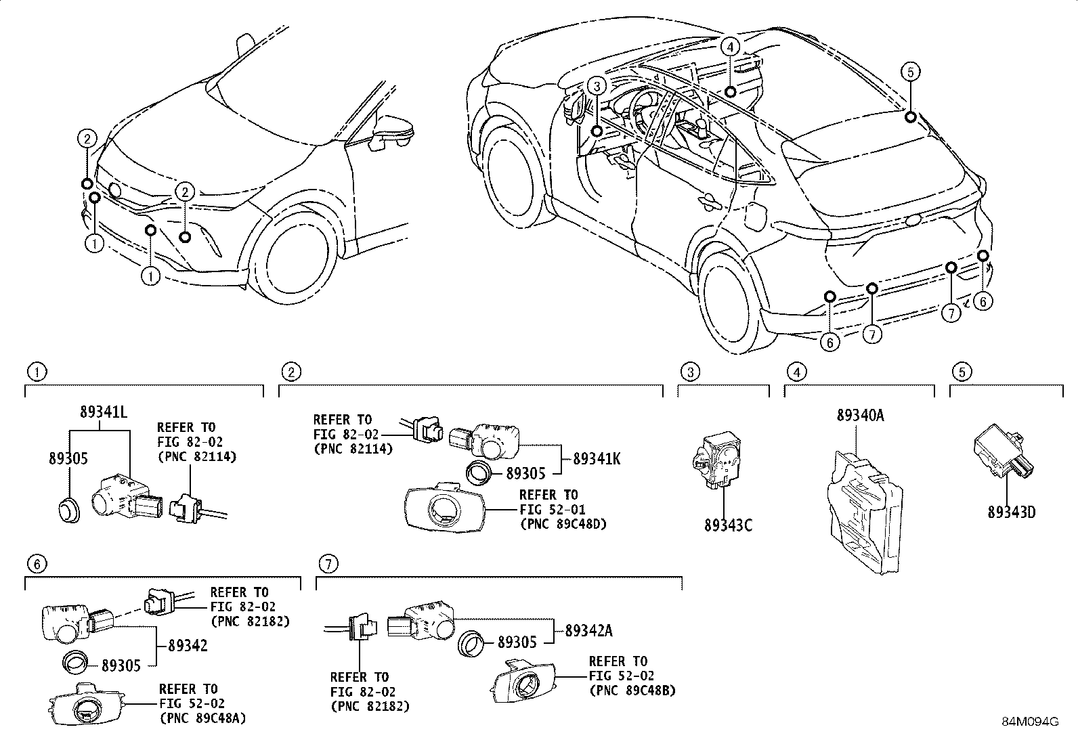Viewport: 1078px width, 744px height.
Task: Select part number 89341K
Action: [597, 458]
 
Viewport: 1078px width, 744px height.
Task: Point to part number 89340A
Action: [860, 416]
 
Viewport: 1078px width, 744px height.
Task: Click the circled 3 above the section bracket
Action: [690, 371]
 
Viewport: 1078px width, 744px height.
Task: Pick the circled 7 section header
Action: [328, 563]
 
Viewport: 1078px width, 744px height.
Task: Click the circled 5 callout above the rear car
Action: [911, 71]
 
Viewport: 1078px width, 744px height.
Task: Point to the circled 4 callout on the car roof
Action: [729, 47]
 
